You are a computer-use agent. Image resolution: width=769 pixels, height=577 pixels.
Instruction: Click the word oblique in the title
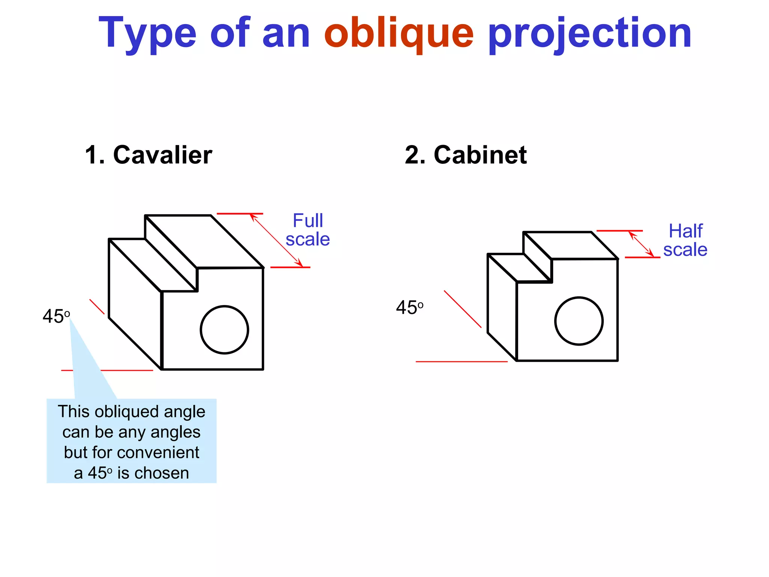pos(399,34)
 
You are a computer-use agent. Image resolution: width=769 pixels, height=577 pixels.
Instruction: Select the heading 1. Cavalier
pos(149,155)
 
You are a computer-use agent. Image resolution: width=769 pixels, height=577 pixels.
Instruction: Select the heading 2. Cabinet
pos(466,155)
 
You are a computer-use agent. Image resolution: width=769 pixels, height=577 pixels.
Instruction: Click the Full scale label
pos(308,230)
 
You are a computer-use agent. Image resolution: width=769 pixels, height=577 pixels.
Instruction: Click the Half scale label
pos(685,240)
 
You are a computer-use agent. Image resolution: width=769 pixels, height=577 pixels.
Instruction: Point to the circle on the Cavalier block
pos(225,330)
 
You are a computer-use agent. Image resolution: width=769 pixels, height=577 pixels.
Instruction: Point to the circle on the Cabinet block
pos(579,321)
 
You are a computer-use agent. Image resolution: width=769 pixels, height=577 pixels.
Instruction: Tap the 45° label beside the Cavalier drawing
pos(56,316)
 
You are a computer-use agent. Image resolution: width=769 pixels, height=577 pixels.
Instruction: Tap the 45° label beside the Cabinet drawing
pos(409,308)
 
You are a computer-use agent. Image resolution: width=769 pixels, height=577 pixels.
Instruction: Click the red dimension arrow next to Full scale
pos(276,240)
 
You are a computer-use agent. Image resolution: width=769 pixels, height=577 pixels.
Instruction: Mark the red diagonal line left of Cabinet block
pos(463,309)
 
